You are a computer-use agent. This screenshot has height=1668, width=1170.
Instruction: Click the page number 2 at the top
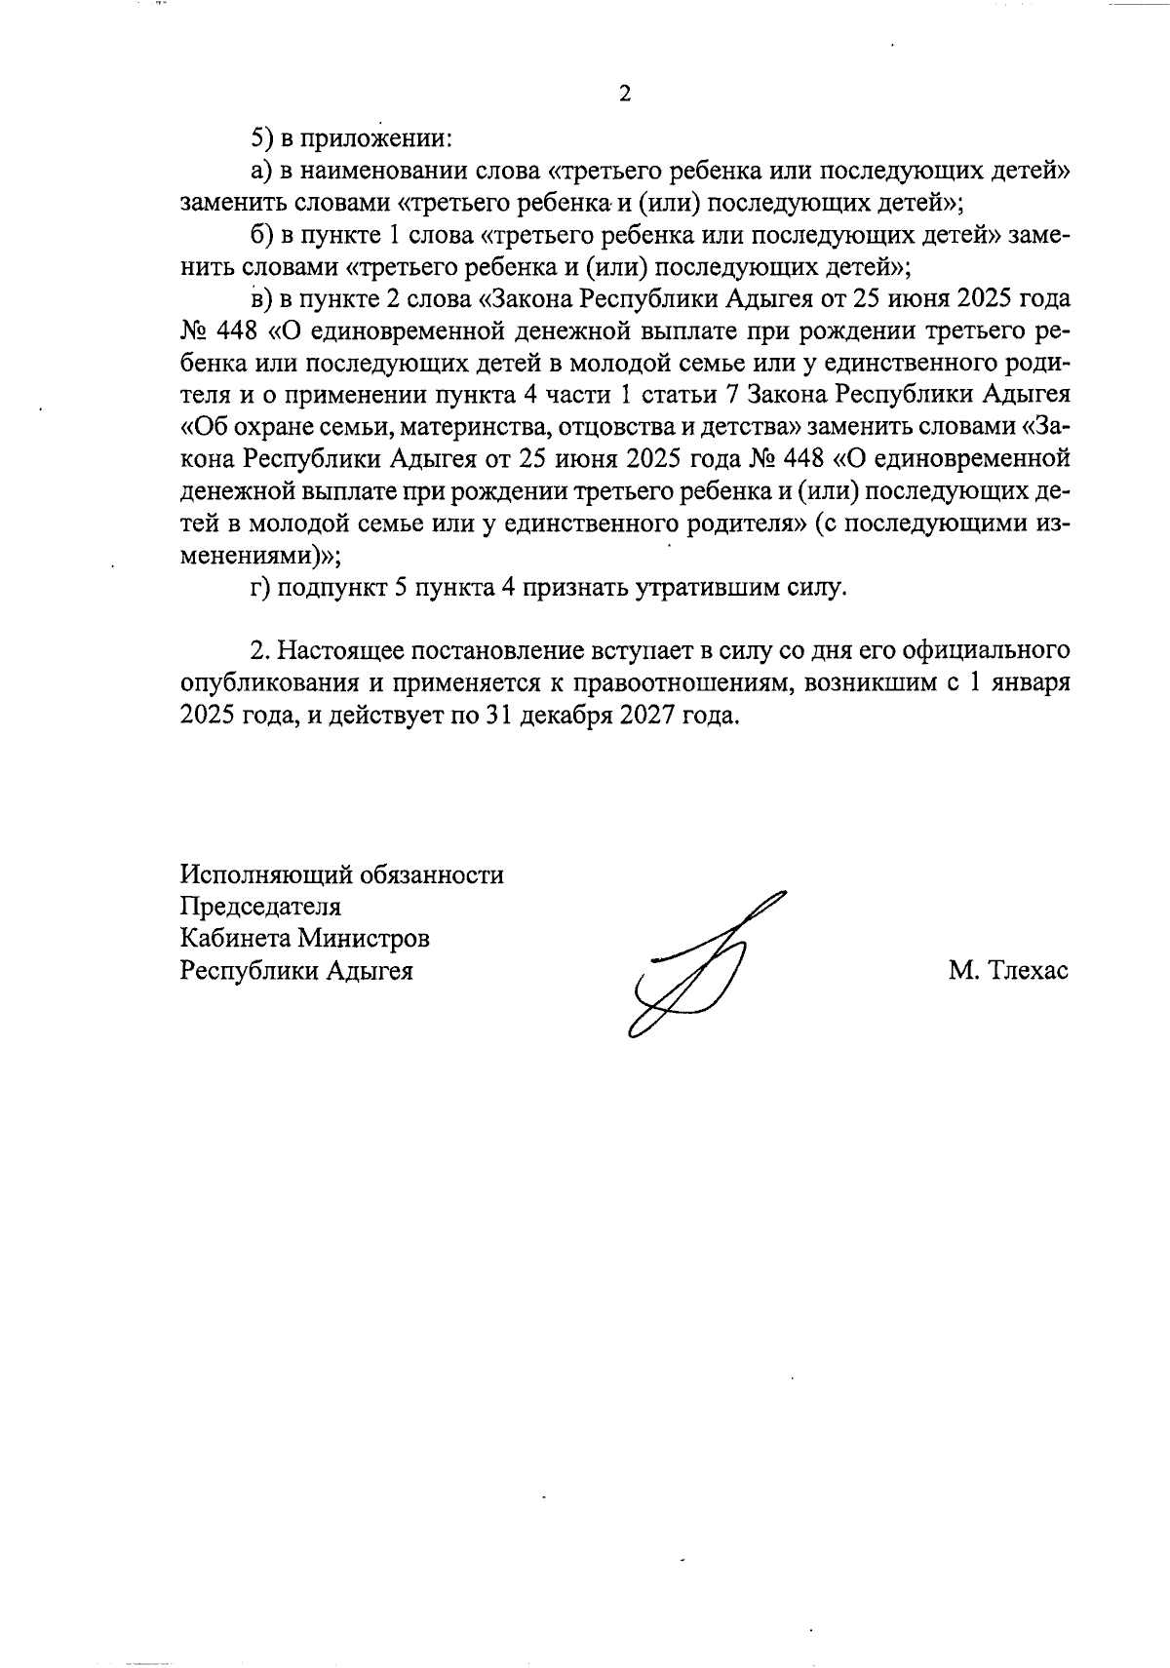[625, 95]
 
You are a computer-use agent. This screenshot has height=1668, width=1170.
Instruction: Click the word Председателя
[260, 907]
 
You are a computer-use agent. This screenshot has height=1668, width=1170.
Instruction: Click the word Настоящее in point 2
[343, 651]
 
